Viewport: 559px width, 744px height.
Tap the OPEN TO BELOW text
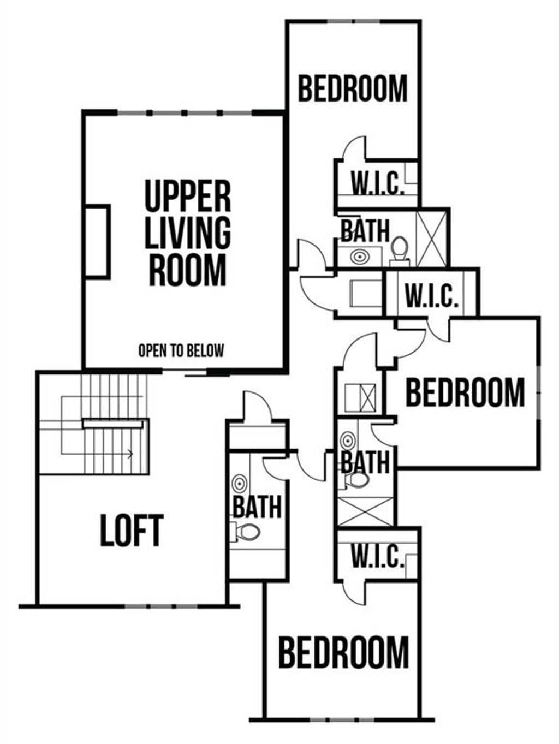(181, 350)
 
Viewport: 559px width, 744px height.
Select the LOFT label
(132, 530)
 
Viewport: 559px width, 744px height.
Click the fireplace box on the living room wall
(98, 242)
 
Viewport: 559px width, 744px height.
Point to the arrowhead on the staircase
(130, 453)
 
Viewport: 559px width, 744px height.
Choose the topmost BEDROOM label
(353, 89)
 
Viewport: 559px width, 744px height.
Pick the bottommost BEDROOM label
(343, 652)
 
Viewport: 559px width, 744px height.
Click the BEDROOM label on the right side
(465, 392)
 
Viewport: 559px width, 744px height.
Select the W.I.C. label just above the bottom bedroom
(377, 556)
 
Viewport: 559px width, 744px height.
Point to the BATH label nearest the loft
(257, 507)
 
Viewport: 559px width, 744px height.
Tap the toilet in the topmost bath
(400, 248)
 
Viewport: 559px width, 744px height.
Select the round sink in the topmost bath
(359, 256)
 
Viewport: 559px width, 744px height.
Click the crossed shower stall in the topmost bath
(431, 238)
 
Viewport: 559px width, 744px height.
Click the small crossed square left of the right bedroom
(361, 397)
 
